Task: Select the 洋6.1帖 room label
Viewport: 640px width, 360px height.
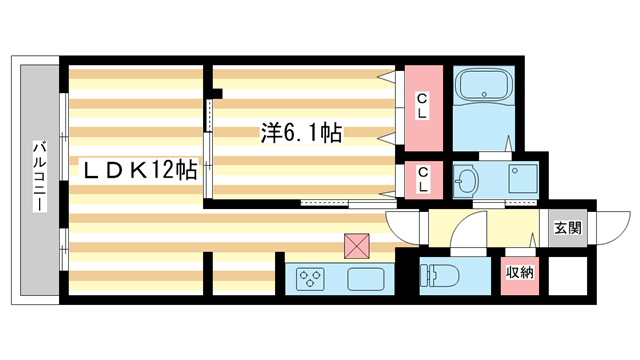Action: [301, 134]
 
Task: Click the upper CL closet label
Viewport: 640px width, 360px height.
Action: [423, 105]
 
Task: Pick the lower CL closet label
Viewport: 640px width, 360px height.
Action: [423, 179]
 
